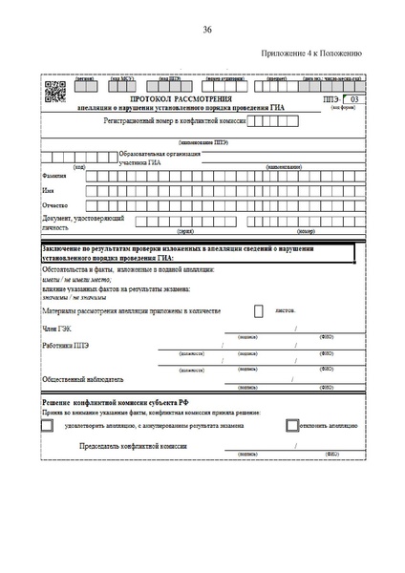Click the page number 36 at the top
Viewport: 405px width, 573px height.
[207, 31]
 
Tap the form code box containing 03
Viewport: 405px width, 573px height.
[352, 99]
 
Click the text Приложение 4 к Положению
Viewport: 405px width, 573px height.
[311, 53]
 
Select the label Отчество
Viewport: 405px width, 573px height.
[55, 205]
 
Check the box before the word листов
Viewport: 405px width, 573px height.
[259, 310]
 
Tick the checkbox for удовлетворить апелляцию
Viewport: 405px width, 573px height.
[48, 426]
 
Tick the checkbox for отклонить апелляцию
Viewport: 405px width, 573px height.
[292, 426]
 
